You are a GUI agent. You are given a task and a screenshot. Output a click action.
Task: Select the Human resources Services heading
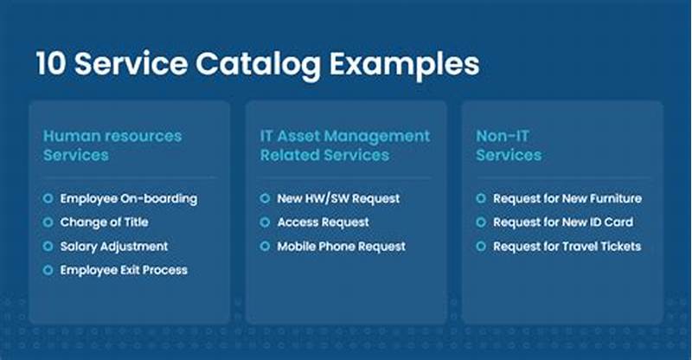[x=112, y=145]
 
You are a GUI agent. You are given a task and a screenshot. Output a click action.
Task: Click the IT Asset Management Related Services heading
[x=344, y=145]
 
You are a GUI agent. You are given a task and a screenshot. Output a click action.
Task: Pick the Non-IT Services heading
[x=509, y=145]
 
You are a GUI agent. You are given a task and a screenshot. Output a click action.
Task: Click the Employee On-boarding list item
[x=129, y=198]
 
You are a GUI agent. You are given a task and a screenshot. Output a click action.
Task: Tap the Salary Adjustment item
[x=114, y=247]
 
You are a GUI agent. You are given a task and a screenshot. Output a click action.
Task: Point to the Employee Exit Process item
[x=124, y=270]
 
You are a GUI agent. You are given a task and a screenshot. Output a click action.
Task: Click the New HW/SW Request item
[x=338, y=198]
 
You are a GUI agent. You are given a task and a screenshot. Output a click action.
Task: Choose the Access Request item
[x=323, y=222]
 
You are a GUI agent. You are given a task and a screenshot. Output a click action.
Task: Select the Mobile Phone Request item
[x=341, y=247]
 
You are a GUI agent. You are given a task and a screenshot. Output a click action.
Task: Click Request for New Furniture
[x=567, y=198]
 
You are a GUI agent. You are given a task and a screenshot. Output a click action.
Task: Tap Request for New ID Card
[x=563, y=222]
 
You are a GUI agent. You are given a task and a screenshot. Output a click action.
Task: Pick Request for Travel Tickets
[x=567, y=247]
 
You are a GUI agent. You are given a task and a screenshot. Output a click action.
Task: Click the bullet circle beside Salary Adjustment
[x=48, y=247]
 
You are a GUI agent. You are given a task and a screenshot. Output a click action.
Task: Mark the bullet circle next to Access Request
[x=265, y=222]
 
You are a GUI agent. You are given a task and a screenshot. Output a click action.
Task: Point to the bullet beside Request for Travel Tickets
[x=481, y=247]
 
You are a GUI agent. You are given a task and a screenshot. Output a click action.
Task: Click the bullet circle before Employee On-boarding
[x=48, y=198]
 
